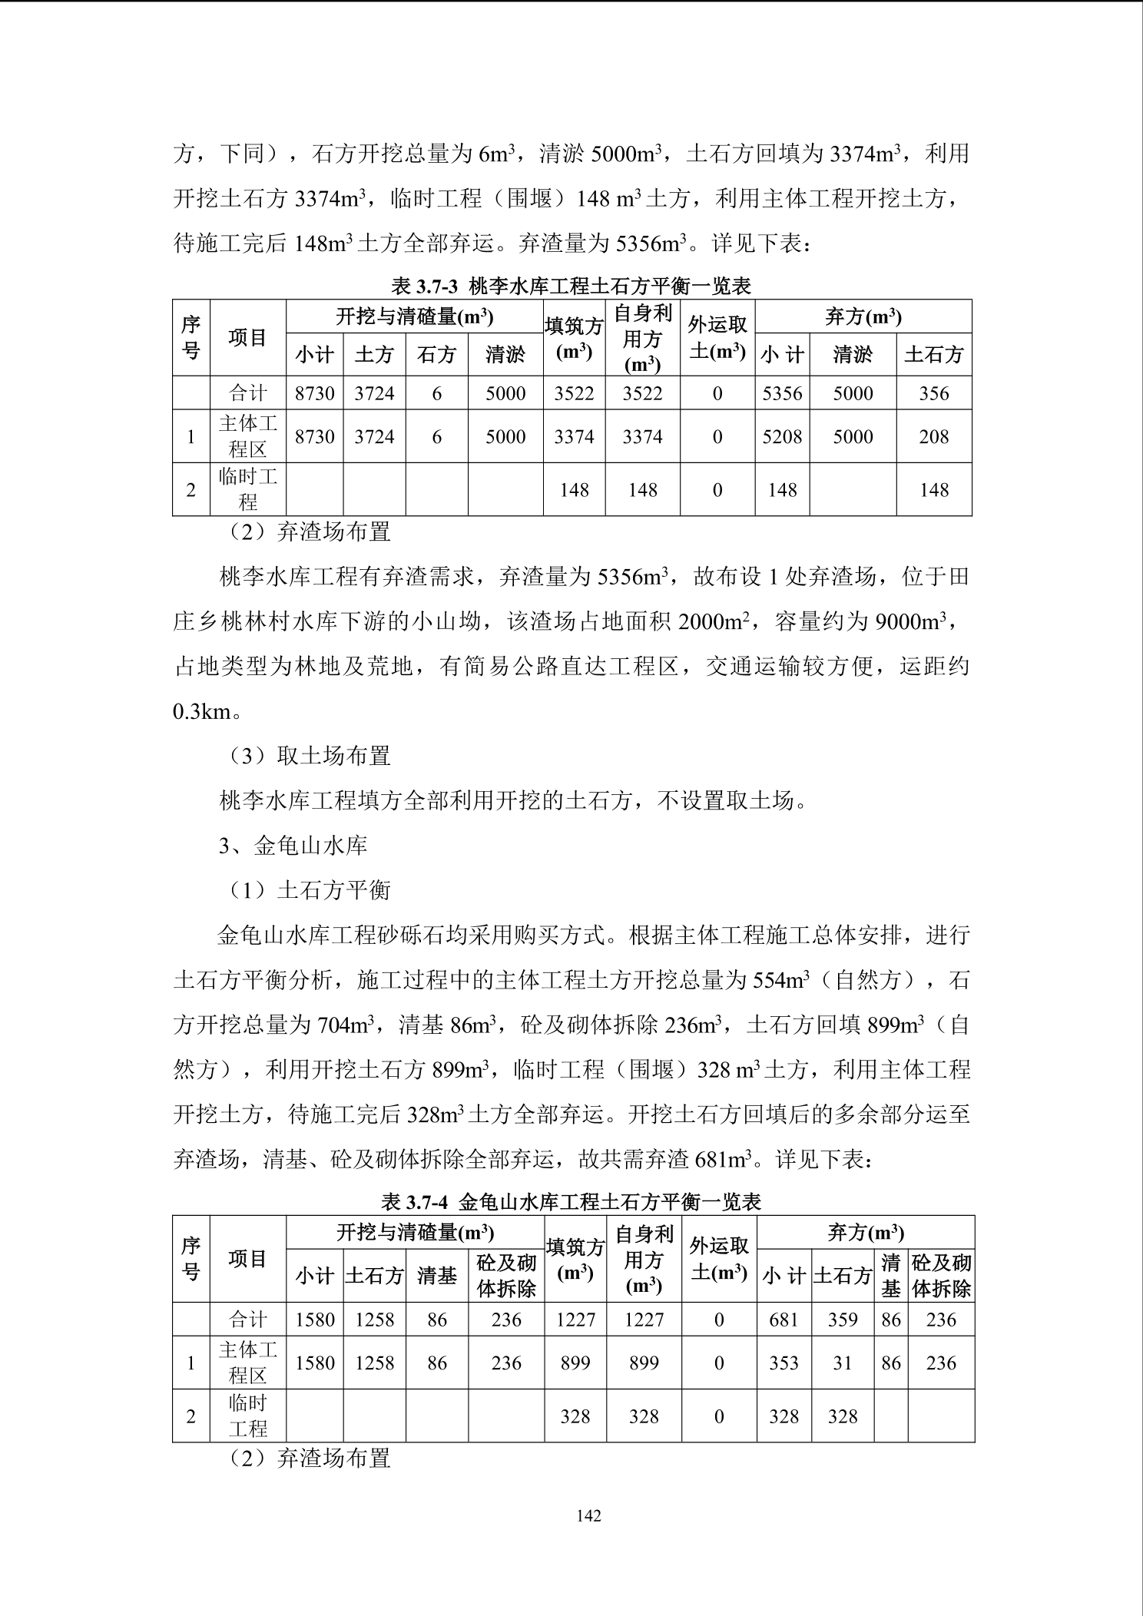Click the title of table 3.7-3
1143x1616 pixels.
point(571,286)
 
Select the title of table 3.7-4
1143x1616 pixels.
point(571,1202)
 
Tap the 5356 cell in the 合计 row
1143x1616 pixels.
point(782,393)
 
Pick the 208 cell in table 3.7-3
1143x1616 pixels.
point(933,436)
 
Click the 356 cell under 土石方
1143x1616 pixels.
point(933,393)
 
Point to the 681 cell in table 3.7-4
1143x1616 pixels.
point(784,1320)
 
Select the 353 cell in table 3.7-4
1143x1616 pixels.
point(784,1363)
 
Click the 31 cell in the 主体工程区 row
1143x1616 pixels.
point(842,1363)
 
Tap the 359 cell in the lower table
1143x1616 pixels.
point(842,1320)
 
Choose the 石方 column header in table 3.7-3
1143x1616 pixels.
point(436,354)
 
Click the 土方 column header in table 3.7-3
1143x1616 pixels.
point(374,354)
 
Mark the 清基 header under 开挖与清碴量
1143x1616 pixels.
point(436,1276)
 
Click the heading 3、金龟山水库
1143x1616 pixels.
point(293,846)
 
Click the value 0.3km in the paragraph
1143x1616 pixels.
point(202,711)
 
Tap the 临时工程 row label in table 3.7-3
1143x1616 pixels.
point(247,489)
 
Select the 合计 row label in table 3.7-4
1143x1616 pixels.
point(247,1320)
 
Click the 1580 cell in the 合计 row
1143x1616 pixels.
point(315,1320)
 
